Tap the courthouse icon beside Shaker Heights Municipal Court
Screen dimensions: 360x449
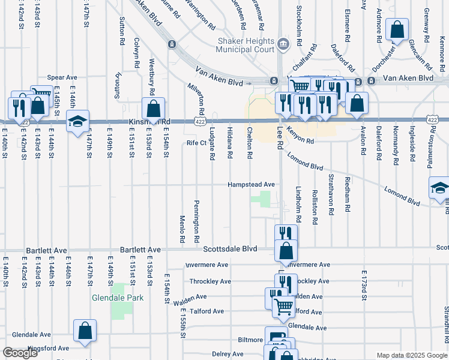click(x=283, y=43)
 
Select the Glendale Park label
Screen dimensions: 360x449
click(x=118, y=298)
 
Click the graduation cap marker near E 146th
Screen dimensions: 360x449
click(x=77, y=122)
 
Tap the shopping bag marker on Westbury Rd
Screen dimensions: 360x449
click(x=153, y=109)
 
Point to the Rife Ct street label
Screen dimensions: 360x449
click(x=196, y=143)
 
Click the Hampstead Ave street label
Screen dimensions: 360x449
click(x=250, y=185)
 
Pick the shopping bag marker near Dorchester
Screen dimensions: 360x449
click(x=397, y=29)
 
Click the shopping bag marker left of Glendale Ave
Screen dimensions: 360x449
click(x=85, y=331)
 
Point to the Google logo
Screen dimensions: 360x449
click(x=20, y=353)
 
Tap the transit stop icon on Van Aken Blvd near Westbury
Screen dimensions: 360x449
click(x=172, y=44)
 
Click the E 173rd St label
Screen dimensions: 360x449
click(x=363, y=286)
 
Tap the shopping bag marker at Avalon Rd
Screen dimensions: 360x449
click(x=357, y=103)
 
